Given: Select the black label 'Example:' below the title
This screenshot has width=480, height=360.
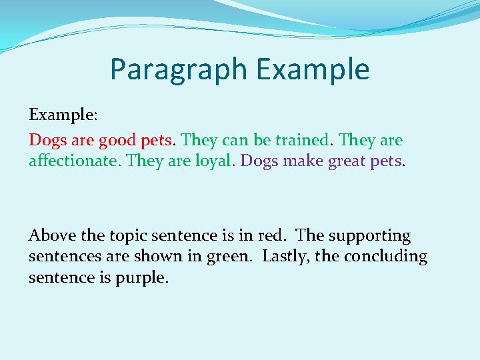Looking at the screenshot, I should [63, 115].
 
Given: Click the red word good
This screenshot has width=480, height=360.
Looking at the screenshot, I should [117, 141].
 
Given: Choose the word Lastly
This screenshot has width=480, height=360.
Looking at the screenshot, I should [285, 257].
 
